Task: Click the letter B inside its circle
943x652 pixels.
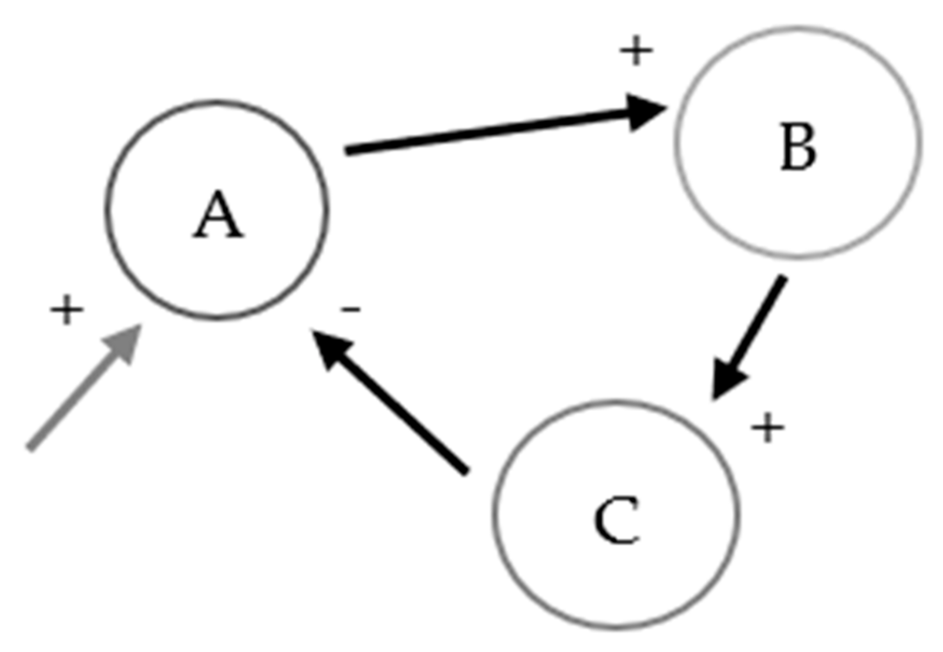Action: [x=799, y=146]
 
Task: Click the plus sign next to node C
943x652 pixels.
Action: [x=767, y=428]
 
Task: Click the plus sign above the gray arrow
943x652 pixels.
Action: [x=67, y=310]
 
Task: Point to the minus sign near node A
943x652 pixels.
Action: [x=350, y=309]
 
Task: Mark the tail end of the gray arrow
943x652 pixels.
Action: [x=30, y=447]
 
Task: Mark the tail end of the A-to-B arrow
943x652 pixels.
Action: [x=348, y=151]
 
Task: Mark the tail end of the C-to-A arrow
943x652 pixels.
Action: [x=466, y=472]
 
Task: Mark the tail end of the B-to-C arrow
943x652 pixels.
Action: [x=783, y=278]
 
